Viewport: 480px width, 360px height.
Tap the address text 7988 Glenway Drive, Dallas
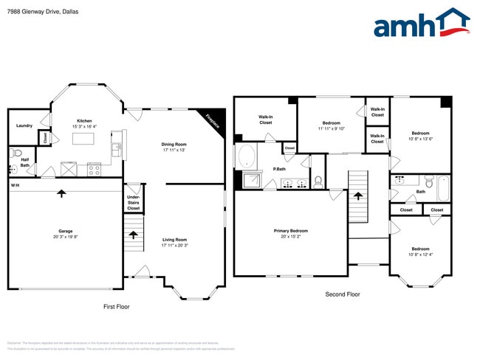pyautogui.click(x=43, y=12)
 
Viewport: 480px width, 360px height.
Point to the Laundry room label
pyautogui.click(x=24, y=125)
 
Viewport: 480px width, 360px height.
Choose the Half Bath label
pyautogui.click(x=24, y=162)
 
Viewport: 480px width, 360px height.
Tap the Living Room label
pyautogui.click(x=174, y=240)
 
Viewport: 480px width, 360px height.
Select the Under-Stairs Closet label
pyautogui.click(x=134, y=203)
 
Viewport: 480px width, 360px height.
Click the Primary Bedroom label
pyautogui.click(x=290, y=231)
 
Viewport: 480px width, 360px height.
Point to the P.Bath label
pyautogui.click(x=280, y=169)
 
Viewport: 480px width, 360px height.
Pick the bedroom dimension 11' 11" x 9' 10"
pyautogui.click(x=331, y=128)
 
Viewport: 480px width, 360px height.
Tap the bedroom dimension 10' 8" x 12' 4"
pyautogui.click(x=420, y=254)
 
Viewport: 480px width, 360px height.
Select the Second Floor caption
pyautogui.click(x=343, y=294)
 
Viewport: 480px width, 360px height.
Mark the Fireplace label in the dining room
pyautogui.click(x=213, y=121)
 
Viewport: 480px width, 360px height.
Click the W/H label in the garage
pyautogui.click(x=15, y=184)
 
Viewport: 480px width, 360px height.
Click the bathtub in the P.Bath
pyautogui.click(x=246, y=156)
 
